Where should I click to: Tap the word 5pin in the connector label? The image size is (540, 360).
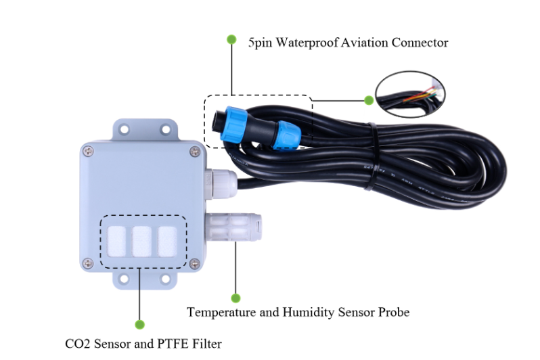click(x=260, y=43)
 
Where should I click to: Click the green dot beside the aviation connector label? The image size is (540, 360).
click(x=232, y=39)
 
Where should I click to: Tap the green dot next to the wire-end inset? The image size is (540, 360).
click(x=369, y=100)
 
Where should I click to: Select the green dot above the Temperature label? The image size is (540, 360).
click(x=235, y=298)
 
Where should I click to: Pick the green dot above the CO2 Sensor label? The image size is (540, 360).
click(x=139, y=325)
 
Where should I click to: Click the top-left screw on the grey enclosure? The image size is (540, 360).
click(x=89, y=151)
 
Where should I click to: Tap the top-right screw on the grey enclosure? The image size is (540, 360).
click(x=195, y=151)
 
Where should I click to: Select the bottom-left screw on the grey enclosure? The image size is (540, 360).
click(x=89, y=263)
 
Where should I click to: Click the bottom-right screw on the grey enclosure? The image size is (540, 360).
click(x=195, y=264)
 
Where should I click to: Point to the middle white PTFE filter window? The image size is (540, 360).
click(x=142, y=242)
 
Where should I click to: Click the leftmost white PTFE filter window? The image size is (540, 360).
click(x=116, y=242)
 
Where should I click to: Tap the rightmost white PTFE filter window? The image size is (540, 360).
click(x=167, y=242)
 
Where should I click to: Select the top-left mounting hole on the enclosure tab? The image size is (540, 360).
click(x=124, y=130)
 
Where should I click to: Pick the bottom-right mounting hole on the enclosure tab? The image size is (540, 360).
click(x=165, y=278)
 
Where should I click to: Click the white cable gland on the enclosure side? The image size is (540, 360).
click(x=221, y=183)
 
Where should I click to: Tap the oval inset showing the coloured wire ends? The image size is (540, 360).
click(x=410, y=94)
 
